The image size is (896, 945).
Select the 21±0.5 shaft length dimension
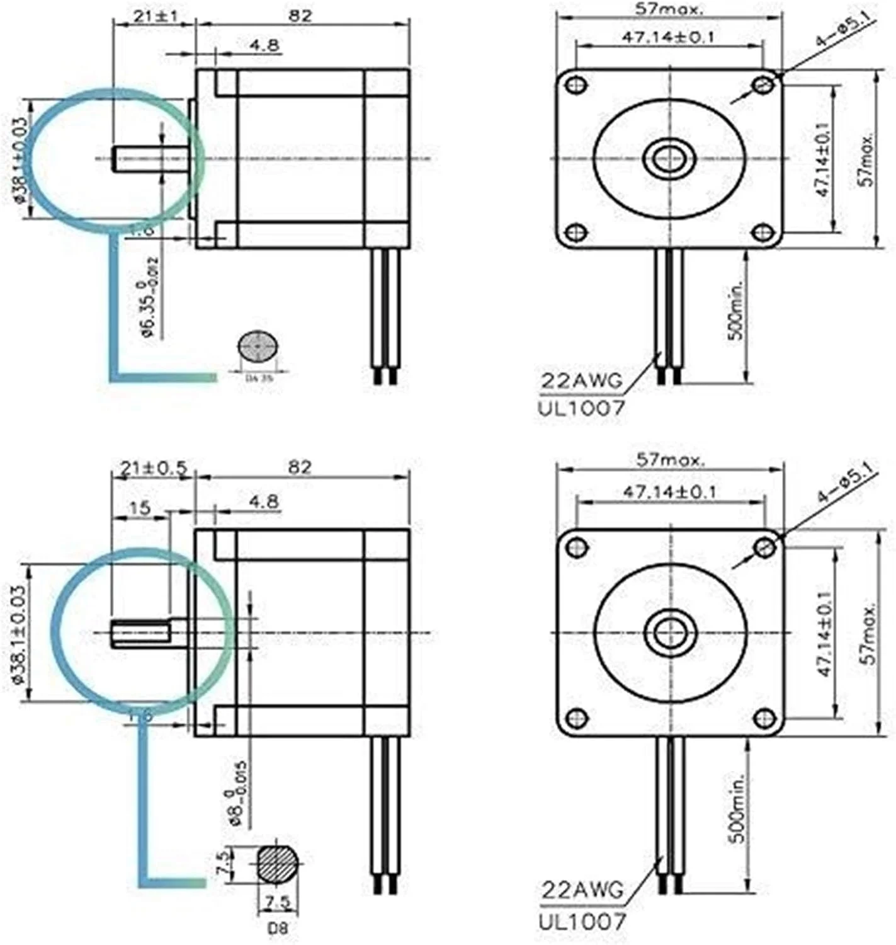152,468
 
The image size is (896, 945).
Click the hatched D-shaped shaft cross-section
277,862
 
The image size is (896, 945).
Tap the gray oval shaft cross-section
257,346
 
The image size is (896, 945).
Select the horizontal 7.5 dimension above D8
277,902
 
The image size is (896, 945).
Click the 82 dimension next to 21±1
300,15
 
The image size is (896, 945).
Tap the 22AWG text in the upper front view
580,381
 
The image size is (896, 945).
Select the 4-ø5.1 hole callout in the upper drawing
843,33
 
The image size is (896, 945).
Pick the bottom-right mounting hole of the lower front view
764,718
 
